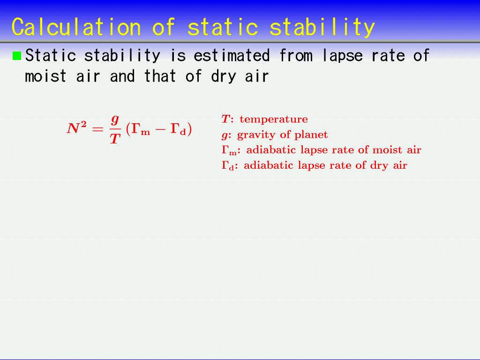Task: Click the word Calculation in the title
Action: pos(76,27)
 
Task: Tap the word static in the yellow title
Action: pos(223,27)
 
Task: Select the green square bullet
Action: pos(17,56)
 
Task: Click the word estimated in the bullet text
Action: pos(232,56)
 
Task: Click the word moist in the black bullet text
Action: pos(45,76)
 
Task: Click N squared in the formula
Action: pos(76,127)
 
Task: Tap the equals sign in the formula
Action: pos(97,129)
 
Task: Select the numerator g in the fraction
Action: pos(115,120)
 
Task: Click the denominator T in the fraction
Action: pos(115,139)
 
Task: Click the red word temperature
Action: pos(274,119)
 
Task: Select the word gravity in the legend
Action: pos(255,135)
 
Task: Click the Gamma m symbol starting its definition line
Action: pos(229,150)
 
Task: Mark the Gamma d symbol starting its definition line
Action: pos(228,165)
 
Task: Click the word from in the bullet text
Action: pos(296,56)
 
